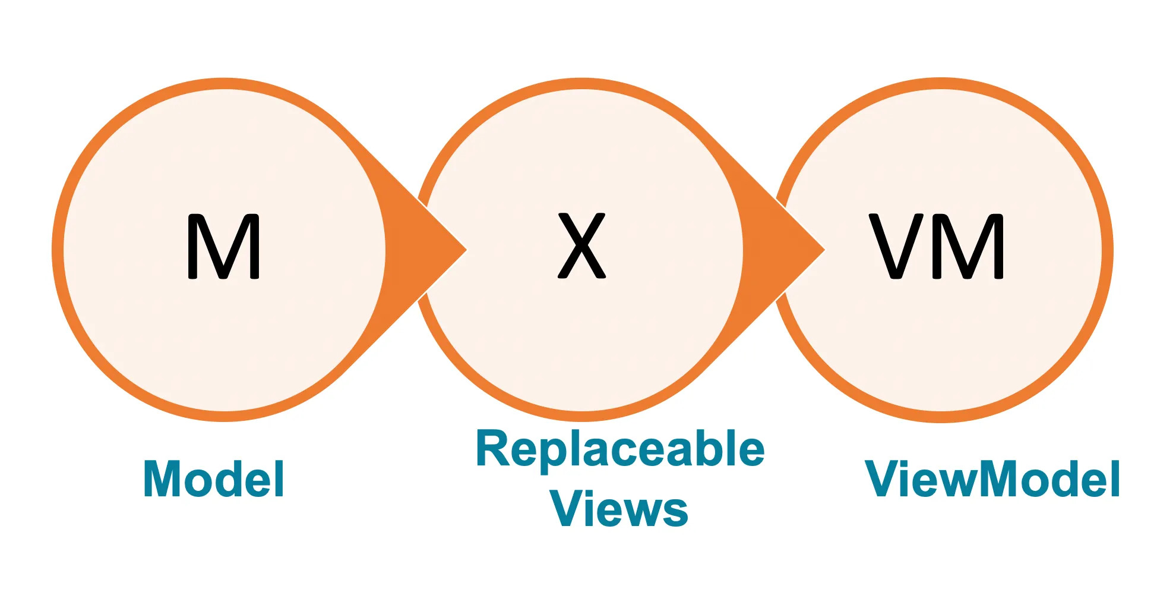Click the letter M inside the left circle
[223, 246]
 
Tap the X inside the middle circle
[581, 245]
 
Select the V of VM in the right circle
[896, 246]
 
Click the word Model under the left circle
[214, 478]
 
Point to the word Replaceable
[620, 449]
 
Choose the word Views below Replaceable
[619, 509]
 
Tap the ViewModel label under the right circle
[992, 478]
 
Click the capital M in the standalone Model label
[164, 478]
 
